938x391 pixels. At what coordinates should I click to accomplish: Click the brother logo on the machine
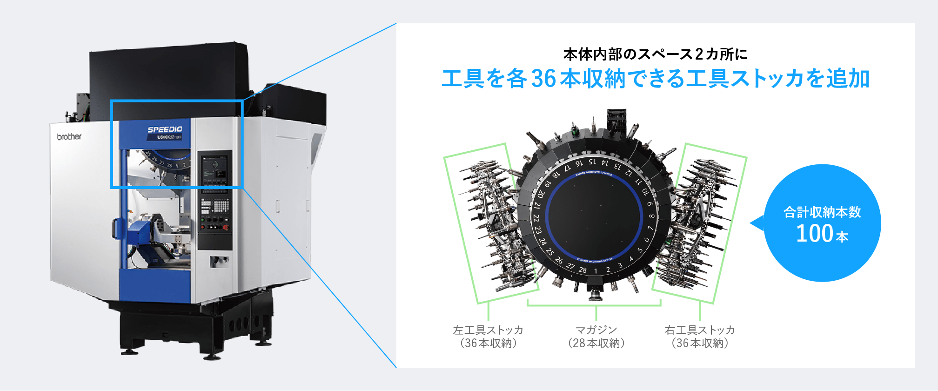[69, 136]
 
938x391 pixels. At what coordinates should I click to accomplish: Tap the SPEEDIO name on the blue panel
[165, 129]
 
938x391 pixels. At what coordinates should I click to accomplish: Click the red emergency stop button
[226, 227]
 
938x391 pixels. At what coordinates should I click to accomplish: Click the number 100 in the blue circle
[814, 234]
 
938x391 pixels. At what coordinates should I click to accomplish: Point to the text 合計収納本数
[822, 212]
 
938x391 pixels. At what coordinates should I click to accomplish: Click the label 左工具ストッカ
[488, 330]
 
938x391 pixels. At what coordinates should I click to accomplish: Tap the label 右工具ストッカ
[700, 330]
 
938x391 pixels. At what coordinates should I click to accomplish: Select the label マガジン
[596, 330]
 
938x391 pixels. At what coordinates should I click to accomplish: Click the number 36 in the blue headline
[543, 78]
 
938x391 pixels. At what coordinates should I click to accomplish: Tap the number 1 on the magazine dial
[596, 271]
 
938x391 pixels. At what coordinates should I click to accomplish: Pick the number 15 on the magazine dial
[592, 162]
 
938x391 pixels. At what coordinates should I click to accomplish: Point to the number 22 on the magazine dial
[536, 218]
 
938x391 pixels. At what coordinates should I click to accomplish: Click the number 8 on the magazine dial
[651, 216]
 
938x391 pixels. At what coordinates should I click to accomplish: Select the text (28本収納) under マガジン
[596, 343]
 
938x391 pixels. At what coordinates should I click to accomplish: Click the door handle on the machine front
[114, 229]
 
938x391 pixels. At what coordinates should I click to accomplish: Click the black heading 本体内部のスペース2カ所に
[655, 54]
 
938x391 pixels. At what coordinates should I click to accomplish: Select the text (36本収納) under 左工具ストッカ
[488, 343]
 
